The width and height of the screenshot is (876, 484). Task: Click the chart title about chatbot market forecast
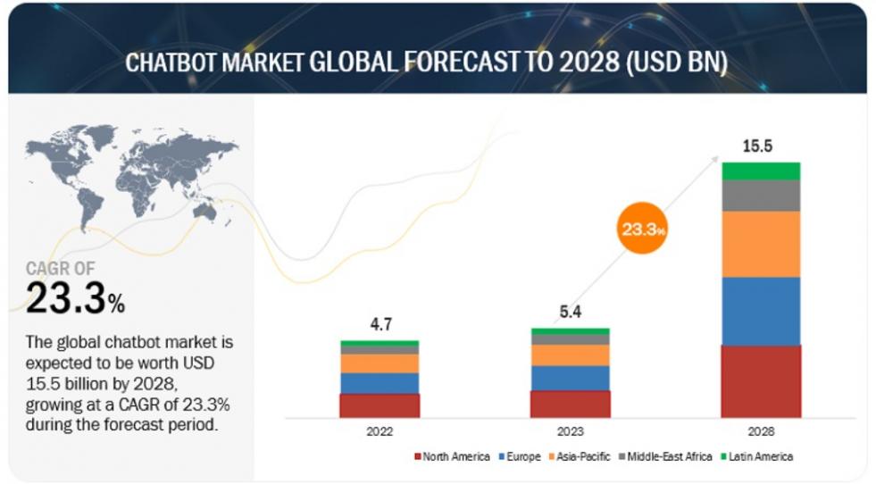426,62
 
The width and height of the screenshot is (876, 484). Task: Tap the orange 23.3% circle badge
642,228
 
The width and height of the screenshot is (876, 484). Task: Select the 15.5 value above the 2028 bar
757,146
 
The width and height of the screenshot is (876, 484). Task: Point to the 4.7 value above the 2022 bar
381,324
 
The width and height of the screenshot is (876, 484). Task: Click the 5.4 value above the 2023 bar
571,312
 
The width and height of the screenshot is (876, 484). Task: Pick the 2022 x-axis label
380,431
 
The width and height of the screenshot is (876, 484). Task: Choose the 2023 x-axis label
571,431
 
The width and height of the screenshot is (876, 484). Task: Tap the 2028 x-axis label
761,431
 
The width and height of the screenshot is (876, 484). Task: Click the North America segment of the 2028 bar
761,381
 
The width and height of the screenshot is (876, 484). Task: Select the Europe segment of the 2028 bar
761,312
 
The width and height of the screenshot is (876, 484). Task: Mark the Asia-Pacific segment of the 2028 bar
761,245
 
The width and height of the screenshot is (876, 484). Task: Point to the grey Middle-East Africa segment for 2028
761,196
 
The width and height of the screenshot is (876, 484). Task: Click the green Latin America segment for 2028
761,171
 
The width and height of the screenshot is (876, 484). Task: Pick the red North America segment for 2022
380,405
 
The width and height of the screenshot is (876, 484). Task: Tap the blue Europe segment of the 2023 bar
571,379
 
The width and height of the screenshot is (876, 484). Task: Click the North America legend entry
452,456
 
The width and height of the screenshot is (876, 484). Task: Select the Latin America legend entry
757,456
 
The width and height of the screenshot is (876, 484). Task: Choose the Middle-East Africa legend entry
665,456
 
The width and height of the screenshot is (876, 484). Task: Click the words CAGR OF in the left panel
61,269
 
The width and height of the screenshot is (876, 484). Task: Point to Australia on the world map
205,212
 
